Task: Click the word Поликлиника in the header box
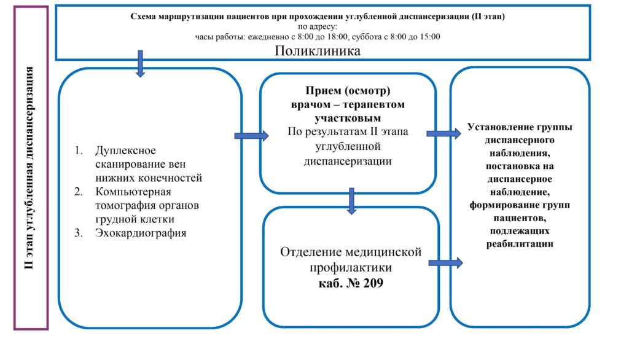point(317,52)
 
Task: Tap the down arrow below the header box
point(140,63)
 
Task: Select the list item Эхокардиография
point(141,233)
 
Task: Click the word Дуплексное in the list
point(126,151)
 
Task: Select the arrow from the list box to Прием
point(251,136)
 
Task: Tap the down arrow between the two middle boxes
point(351,201)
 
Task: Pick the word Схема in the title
point(143,17)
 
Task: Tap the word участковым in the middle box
point(348,117)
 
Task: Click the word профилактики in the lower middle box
point(350,268)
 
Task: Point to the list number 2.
point(79,192)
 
